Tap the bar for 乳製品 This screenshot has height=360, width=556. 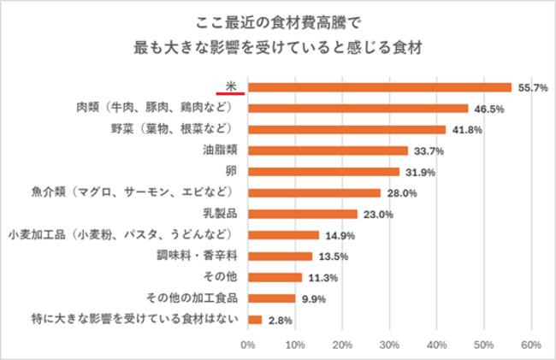click(x=302, y=214)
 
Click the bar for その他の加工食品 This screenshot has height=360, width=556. click(x=271, y=298)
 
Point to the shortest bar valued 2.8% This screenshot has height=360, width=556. click(x=254, y=320)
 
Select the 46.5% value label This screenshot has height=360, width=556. click(x=488, y=109)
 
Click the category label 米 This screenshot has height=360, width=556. click(x=231, y=84)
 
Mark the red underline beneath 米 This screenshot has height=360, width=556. click(x=231, y=92)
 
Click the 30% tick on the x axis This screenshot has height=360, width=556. click(x=389, y=345)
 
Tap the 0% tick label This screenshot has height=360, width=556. click(x=248, y=345)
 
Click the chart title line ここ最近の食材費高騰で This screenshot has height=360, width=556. click(x=279, y=20)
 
